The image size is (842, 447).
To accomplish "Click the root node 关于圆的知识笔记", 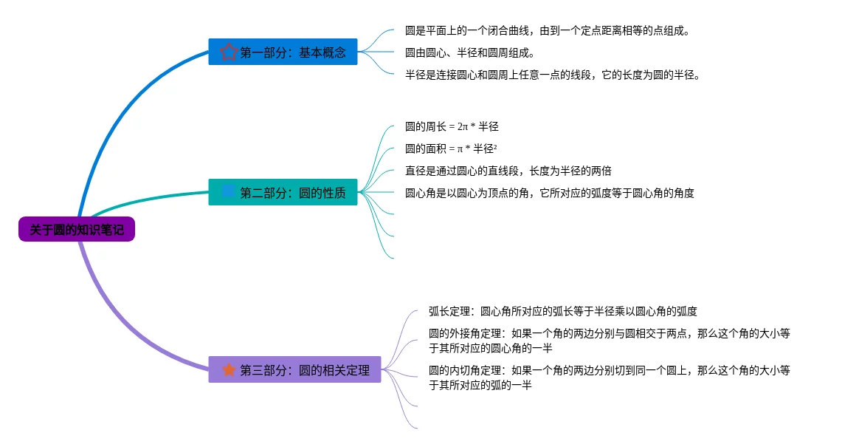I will pyautogui.click(x=77, y=230).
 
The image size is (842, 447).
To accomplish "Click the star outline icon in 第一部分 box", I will pyautogui.click(x=229, y=52).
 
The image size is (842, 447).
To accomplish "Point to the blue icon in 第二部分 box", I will pyautogui.click(x=229, y=192).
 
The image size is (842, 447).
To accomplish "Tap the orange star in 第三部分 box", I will pyautogui.click(x=229, y=369).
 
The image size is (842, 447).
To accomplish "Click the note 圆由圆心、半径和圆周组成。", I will pyautogui.click(x=469, y=53).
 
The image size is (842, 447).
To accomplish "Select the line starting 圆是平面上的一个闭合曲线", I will pyautogui.click(x=548, y=31).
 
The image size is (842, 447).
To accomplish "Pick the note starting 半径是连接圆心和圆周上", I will pyautogui.click(x=552, y=75).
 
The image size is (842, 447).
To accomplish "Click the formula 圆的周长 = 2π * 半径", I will pyautogui.click(x=452, y=126).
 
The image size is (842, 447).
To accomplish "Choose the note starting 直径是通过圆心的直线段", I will pyautogui.click(x=508, y=171).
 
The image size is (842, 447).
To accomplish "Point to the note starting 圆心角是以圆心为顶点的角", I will pyautogui.click(x=549, y=193).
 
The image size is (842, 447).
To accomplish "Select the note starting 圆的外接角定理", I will pyautogui.click(x=609, y=341).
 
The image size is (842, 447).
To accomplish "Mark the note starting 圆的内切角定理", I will pyautogui.click(x=609, y=377).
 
